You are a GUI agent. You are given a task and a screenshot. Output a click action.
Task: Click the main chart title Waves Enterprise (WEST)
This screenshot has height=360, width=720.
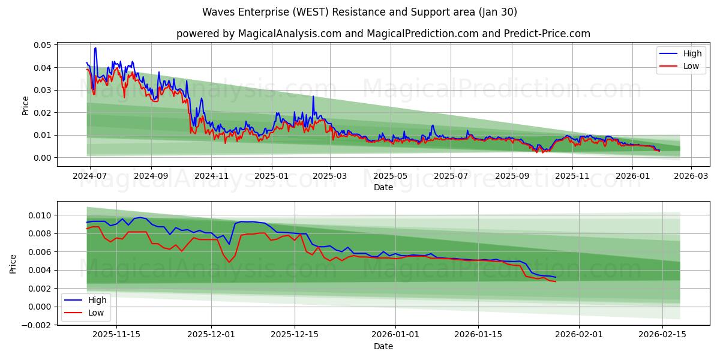click(x=359, y=12)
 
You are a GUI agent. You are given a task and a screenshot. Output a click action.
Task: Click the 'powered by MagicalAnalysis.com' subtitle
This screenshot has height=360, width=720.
click(x=383, y=34)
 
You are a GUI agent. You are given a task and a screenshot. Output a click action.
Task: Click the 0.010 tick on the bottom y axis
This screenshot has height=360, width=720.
click(x=40, y=215)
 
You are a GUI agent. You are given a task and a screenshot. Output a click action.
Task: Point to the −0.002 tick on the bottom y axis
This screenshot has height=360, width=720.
click(x=37, y=325)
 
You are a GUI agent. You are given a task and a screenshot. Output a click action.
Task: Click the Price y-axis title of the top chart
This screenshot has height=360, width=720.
click(x=25, y=104)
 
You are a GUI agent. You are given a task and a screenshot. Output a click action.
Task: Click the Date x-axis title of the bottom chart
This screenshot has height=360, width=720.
click(x=383, y=346)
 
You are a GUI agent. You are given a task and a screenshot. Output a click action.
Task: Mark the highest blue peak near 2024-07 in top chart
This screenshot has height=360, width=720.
click(x=95, y=48)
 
